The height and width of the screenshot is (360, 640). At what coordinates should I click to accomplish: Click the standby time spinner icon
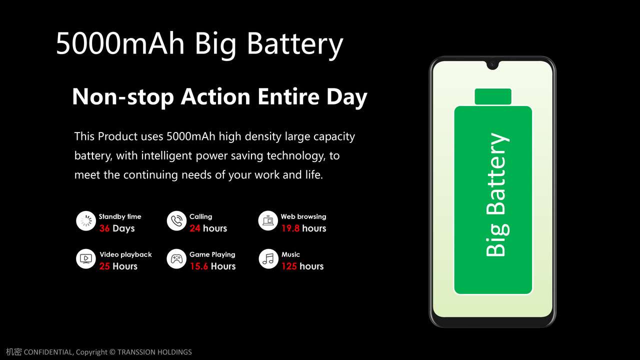(x=86, y=221)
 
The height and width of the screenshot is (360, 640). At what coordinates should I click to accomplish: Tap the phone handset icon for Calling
(x=176, y=221)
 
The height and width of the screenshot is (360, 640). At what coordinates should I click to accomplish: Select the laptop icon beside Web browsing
(x=268, y=221)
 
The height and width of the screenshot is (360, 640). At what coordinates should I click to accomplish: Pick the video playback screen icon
(x=86, y=259)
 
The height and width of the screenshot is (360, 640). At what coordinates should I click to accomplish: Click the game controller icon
(x=176, y=259)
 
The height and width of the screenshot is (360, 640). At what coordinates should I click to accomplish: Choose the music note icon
(x=268, y=259)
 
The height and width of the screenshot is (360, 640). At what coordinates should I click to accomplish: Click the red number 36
(x=104, y=228)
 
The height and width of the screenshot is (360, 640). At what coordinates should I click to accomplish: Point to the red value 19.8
(x=290, y=228)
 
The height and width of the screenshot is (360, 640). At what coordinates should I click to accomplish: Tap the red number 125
(x=289, y=266)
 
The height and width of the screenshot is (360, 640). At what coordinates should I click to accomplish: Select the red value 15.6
(x=199, y=266)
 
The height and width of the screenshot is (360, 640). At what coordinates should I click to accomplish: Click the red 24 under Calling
(x=195, y=228)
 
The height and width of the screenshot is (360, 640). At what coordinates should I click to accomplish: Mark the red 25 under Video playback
(x=104, y=266)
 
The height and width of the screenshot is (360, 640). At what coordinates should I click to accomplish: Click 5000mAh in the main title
(x=120, y=43)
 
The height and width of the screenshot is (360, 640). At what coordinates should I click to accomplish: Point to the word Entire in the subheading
(x=288, y=96)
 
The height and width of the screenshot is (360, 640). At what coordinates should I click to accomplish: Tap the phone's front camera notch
(x=492, y=64)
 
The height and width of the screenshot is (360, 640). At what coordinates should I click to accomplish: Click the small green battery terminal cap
(x=493, y=96)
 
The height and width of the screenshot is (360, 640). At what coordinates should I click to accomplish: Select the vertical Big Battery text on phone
(x=497, y=194)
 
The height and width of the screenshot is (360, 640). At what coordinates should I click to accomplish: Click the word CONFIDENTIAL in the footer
(x=48, y=352)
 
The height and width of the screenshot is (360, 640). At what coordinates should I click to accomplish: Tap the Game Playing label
(x=212, y=254)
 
